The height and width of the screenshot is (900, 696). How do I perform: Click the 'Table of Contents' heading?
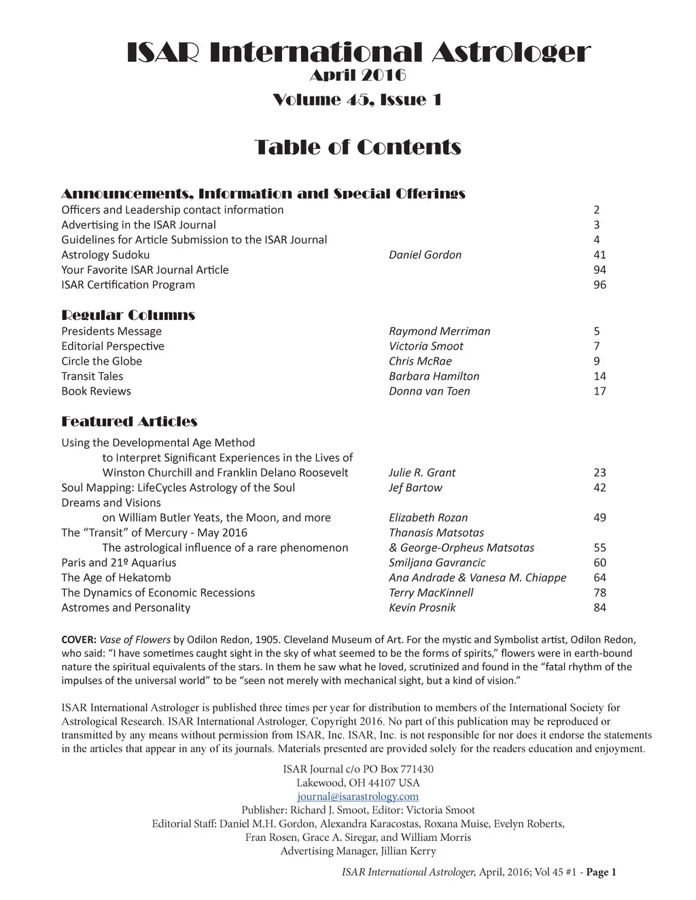(x=358, y=147)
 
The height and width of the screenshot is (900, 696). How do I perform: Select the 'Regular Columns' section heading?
(x=128, y=315)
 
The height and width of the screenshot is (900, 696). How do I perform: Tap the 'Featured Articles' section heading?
(x=129, y=422)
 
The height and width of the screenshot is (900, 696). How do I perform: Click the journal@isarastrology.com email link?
(x=358, y=796)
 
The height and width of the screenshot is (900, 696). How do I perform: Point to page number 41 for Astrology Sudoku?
(x=599, y=255)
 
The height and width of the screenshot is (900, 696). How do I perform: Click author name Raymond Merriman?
(x=439, y=331)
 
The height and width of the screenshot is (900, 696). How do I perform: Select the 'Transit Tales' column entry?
(x=92, y=376)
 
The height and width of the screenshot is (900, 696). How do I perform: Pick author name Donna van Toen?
(x=429, y=391)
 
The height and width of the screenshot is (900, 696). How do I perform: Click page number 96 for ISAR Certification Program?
(x=599, y=285)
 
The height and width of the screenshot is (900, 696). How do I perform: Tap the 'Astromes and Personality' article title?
(x=126, y=608)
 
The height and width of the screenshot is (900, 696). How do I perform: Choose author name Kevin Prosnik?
(x=421, y=608)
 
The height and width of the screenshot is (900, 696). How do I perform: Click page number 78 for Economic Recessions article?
(x=599, y=593)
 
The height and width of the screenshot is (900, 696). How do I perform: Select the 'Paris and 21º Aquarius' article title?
(x=118, y=562)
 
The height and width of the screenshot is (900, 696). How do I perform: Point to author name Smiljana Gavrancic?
(x=437, y=562)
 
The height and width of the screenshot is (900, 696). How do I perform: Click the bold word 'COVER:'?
(x=79, y=639)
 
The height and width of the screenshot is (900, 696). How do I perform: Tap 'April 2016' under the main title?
(x=358, y=75)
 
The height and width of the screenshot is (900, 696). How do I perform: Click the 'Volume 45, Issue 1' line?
(x=358, y=101)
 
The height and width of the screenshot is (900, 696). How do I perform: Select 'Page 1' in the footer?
(x=601, y=873)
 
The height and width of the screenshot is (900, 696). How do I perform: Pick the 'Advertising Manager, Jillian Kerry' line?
(x=358, y=851)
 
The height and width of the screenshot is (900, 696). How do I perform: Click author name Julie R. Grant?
(x=422, y=473)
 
